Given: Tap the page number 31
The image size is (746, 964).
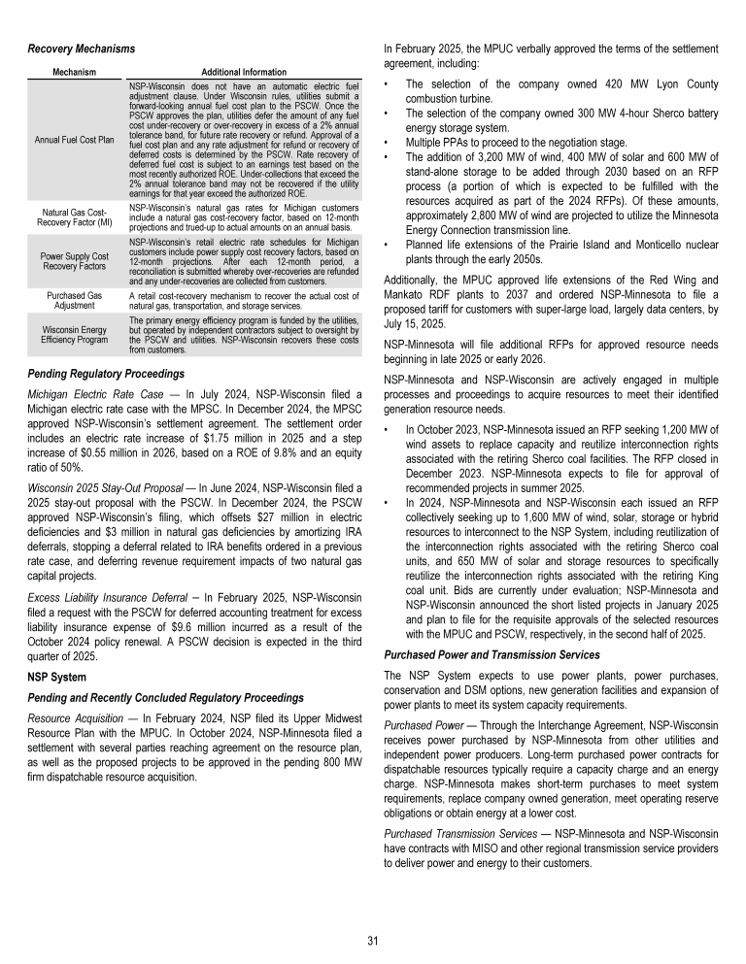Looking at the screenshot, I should (x=373, y=939).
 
